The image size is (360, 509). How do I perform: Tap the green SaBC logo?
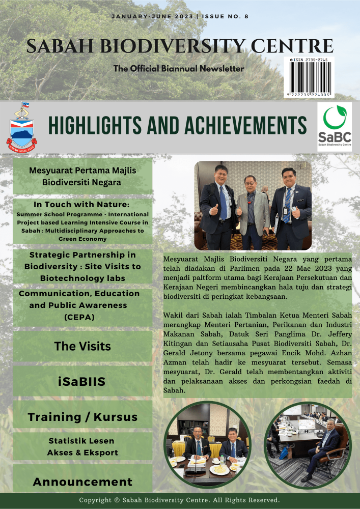point(334,126)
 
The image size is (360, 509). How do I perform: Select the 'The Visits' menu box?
point(82,347)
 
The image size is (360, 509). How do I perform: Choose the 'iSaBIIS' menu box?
point(82,381)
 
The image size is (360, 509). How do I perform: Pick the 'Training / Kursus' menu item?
point(82,417)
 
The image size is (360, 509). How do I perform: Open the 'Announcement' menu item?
point(82,482)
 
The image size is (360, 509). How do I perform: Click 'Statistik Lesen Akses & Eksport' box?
point(82,446)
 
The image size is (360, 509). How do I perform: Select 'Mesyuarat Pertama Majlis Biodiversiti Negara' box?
point(82,176)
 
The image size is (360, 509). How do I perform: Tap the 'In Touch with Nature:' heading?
point(82,205)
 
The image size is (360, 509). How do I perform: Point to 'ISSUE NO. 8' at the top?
point(226,16)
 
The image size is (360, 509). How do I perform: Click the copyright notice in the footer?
point(179,500)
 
